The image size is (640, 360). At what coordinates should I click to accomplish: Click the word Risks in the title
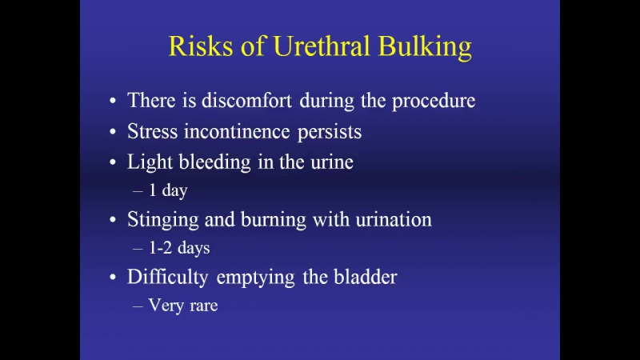(x=201, y=46)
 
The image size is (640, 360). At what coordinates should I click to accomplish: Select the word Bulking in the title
(x=425, y=47)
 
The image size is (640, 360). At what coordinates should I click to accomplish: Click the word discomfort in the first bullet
(x=247, y=101)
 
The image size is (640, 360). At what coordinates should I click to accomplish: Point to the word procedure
(x=434, y=102)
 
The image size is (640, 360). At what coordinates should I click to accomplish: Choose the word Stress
(x=153, y=131)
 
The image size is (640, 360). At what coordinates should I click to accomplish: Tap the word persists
(x=330, y=133)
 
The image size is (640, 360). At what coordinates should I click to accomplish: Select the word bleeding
(x=214, y=163)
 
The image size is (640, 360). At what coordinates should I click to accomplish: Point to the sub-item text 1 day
(x=168, y=190)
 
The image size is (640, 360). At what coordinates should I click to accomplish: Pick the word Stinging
(x=163, y=221)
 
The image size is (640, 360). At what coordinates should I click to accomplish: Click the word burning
(x=274, y=221)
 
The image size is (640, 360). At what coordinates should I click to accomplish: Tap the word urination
(x=394, y=220)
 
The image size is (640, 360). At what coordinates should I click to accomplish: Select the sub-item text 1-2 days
(x=178, y=248)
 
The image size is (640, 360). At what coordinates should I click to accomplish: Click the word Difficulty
(x=168, y=278)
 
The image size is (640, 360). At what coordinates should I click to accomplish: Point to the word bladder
(x=366, y=277)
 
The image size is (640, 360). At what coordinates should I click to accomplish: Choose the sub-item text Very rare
(x=183, y=306)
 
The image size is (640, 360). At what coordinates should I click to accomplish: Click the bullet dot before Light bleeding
(x=113, y=162)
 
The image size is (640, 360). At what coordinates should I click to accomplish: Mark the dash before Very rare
(x=138, y=306)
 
